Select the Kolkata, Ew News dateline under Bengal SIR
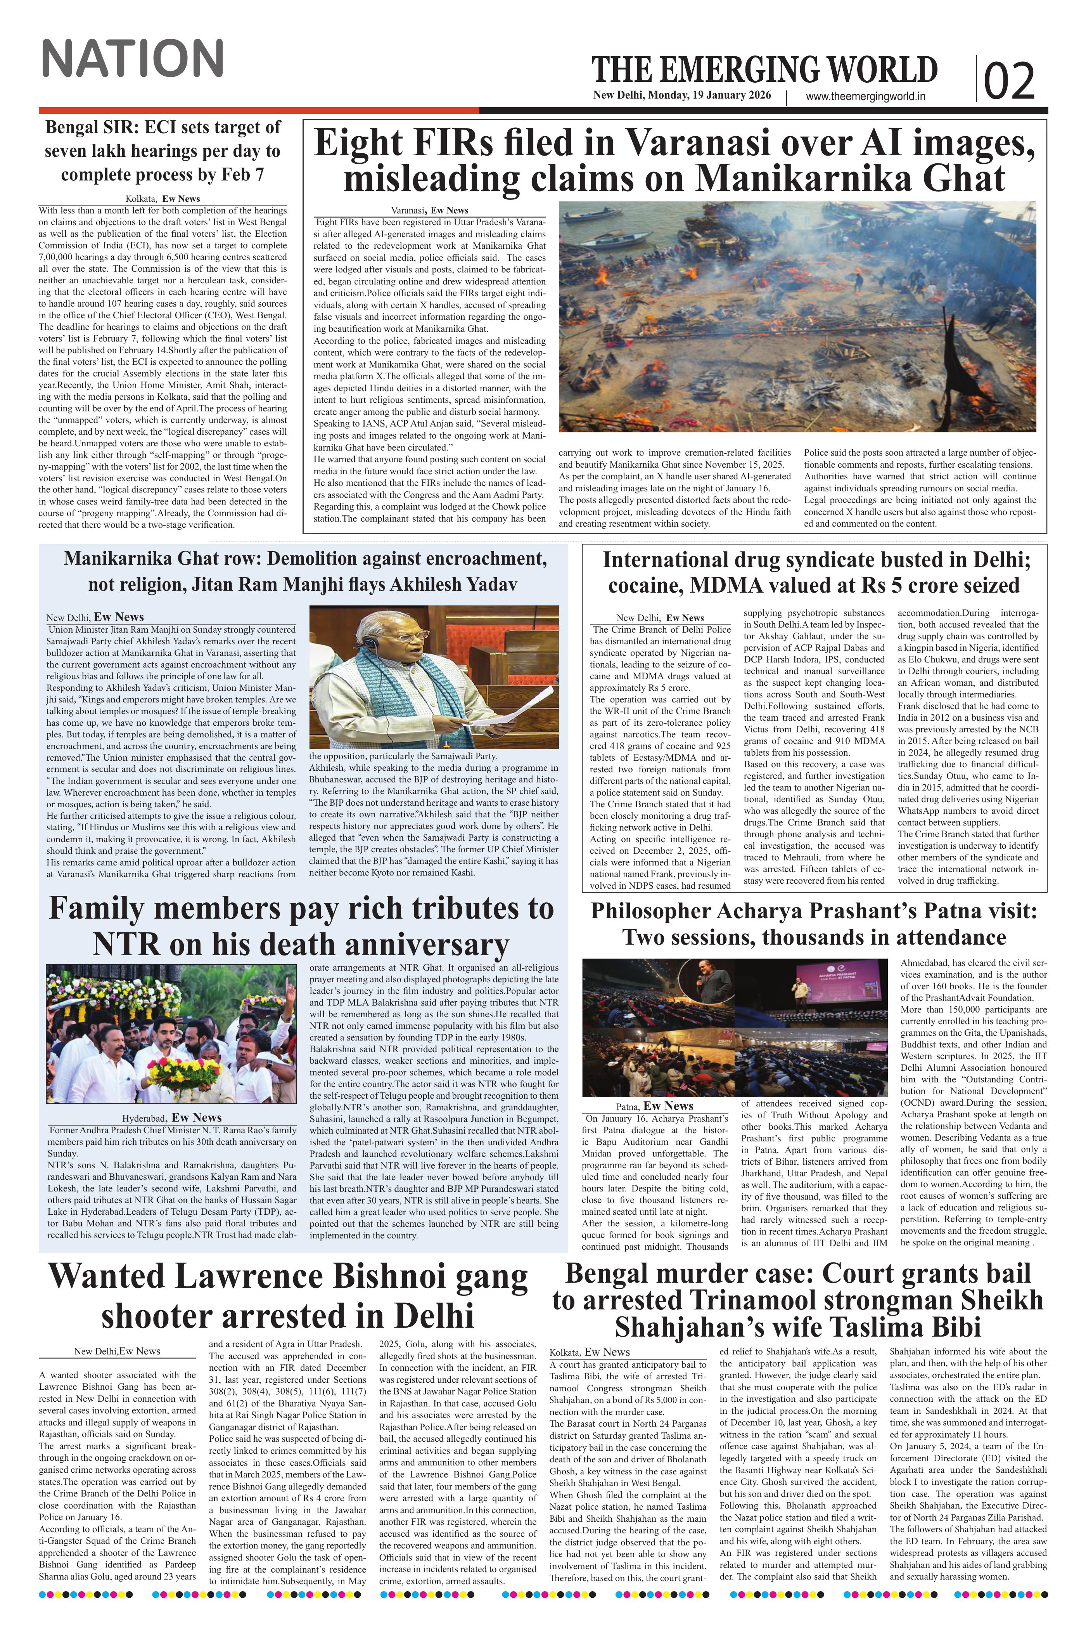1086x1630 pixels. click(x=163, y=199)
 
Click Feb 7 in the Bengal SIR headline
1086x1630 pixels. click(x=240, y=174)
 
